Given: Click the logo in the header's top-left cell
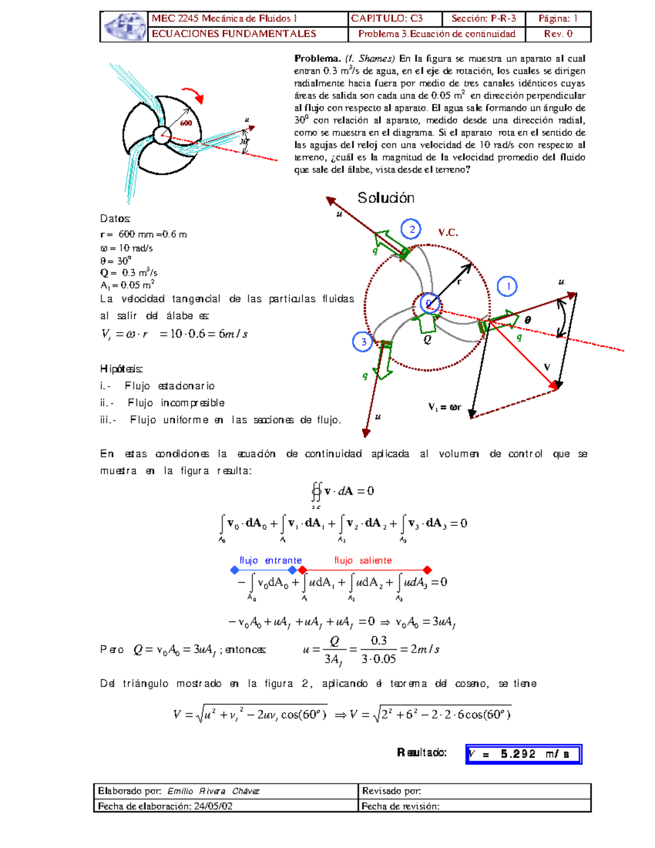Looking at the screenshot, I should point(124,27).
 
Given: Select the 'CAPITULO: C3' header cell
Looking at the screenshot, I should point(387,19).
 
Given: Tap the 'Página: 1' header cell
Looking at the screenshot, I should point(558,19).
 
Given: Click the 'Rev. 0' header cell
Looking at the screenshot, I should point(558,34).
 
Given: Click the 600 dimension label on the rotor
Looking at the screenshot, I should point(186,123).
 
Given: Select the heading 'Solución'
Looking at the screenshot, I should point(386,198).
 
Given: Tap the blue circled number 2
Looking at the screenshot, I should point(412,229).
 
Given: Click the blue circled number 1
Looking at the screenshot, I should point(508,286).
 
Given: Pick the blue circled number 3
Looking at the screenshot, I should point(363,342).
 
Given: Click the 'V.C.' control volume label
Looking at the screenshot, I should point(448,233).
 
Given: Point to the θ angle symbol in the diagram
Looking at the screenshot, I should point(528,320).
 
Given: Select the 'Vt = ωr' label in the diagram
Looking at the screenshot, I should point(445,407).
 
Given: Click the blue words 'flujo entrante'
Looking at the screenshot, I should point(270,560).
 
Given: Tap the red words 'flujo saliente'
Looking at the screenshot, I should point(363,560).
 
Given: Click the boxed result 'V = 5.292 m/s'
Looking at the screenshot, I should point(523,754).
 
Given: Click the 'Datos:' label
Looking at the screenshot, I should point(115,218).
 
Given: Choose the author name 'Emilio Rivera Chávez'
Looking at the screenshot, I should point(213,791).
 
